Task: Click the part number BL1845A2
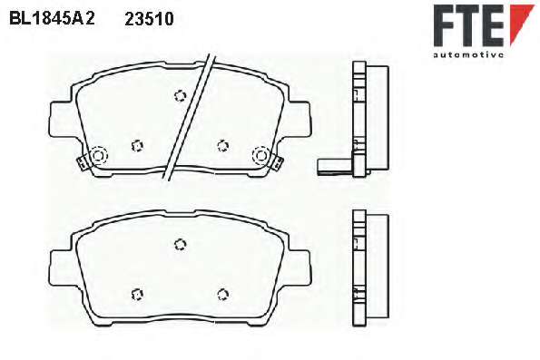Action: tap(52, 18)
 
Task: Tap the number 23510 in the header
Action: tap(149, 19)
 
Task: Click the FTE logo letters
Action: tap(468, 25)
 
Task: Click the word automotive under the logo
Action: tap(468, 54)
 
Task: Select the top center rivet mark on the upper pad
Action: tap(180, 96)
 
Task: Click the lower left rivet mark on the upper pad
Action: tap(137, 146)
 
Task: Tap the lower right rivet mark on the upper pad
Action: tap(223, 146)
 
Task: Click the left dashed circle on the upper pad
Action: tap(98, 156)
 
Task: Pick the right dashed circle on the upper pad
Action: tap(261, 155)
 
